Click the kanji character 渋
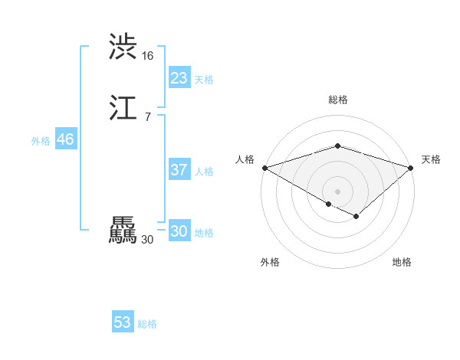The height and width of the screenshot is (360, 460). [x=123, y=47]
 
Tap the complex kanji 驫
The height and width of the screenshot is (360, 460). [x=123, y=231]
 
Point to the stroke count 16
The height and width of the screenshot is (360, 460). [x=147, y=56]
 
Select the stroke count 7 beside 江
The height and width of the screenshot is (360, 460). [x=147, y=116]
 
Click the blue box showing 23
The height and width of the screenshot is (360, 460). [x=179, y=78]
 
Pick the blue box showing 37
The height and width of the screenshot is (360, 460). [x=179, y=170]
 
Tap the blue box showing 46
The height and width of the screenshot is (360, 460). [x=65, y=139]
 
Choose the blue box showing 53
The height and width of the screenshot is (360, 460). [x=123, y=322]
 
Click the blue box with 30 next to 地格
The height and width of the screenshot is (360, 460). [x=179, y=231]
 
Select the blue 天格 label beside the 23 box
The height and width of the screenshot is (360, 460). [x=204, y=80]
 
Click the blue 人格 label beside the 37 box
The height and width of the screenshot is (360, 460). [x=204, y=172]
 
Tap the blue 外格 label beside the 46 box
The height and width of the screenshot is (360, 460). [x=41, y=141]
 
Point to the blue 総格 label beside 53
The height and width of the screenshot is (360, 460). [x=147, y=324]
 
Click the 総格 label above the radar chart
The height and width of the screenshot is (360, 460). [x=338, y=100]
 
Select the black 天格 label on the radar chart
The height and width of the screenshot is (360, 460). [x=432, y=159]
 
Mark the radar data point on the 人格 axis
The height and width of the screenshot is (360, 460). [x=264, y=167]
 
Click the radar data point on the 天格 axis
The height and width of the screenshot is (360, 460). [x=412, y=167]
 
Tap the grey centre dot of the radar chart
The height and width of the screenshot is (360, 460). [x=338, y=191]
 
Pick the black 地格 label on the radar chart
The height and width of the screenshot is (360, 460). [x=402, y=262]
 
